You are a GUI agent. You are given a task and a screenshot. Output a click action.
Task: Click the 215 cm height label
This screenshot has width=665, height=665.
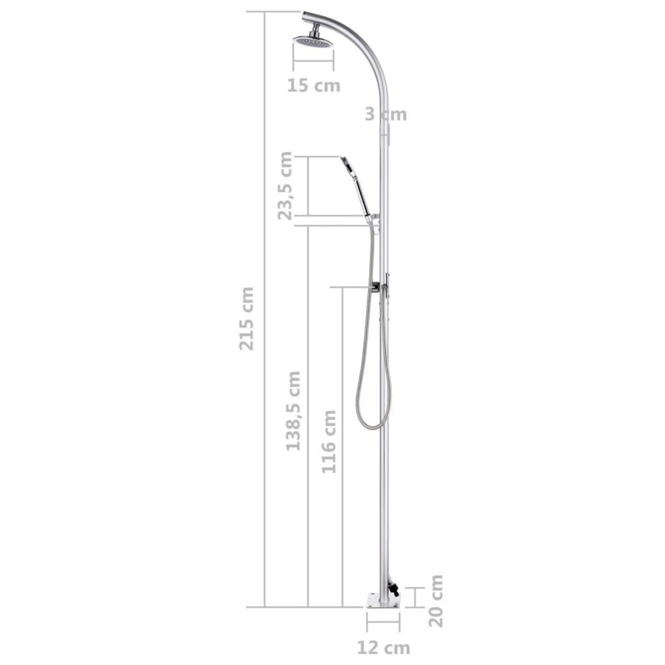pos(246,318)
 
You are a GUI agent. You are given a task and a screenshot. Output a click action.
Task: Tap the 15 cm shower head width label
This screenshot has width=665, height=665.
pos(314,86)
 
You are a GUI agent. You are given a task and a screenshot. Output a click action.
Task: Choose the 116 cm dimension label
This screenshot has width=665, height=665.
pos(329,441)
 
